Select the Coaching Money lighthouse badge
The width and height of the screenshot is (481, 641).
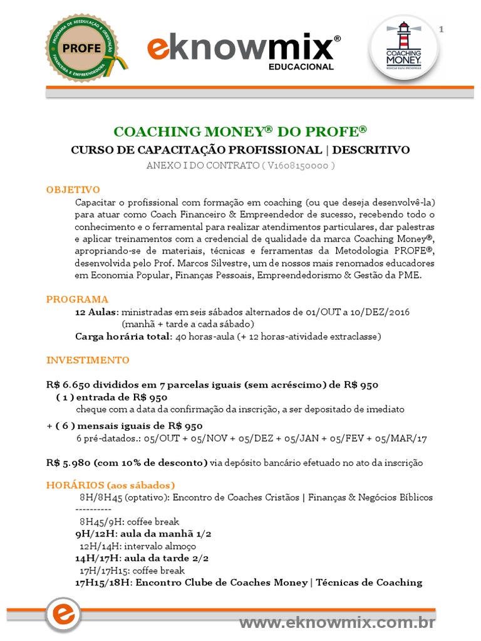pos(403,47)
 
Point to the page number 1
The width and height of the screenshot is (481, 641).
pos(442,29)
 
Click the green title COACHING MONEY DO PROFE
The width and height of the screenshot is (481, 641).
pos(240,131)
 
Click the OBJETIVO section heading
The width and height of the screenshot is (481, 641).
pos(73,190)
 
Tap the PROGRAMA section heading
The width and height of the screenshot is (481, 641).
pos(77,299)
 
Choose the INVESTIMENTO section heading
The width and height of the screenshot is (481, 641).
pos(88,360)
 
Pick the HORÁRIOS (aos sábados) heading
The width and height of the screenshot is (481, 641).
pos(111,485)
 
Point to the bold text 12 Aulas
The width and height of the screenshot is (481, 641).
pos(96,312)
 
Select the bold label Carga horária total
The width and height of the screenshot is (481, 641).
pos(123,336)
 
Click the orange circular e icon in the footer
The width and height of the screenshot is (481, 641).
pos(63,615)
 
